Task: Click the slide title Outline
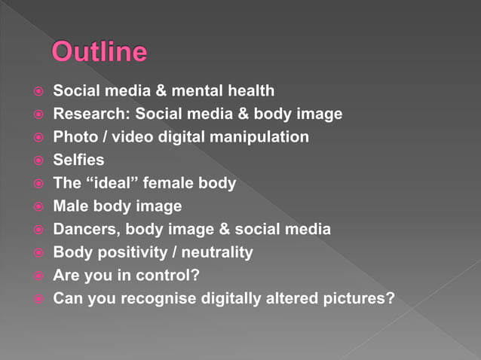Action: [99, 53]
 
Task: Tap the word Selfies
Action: [78, 160]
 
